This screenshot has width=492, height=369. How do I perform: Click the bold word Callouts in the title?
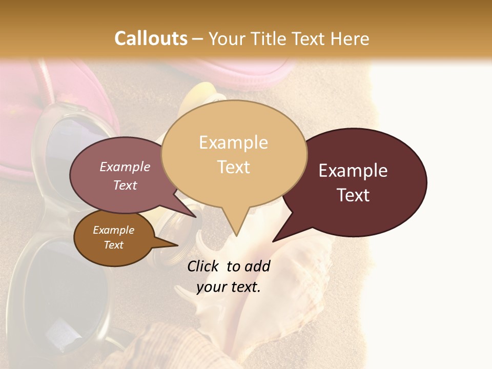151,38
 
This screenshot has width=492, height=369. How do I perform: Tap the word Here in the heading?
351,38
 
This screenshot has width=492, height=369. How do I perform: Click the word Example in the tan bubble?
233,142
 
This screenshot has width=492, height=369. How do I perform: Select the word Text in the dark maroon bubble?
353,195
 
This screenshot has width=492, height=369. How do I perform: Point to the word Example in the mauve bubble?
125,167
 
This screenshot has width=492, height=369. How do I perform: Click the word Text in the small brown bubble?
114,245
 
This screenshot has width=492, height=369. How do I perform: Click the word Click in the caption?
203,266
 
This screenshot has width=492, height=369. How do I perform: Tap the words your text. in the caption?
229,287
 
